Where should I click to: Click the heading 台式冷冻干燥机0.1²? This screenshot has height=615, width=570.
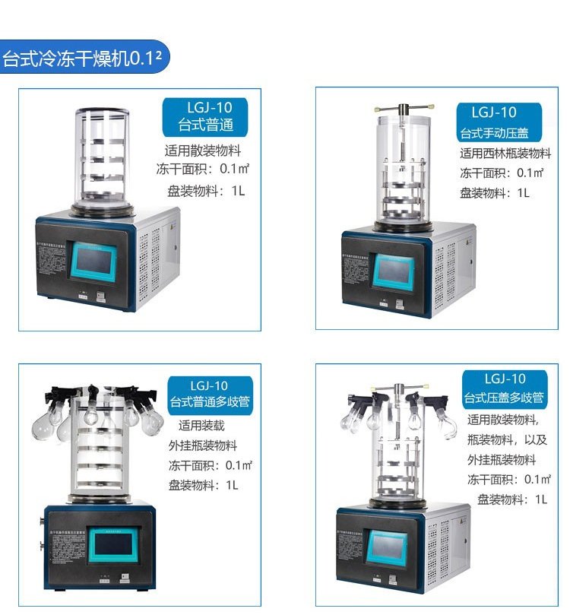pos(84,59)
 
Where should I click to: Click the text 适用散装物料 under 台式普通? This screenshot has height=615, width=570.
pos(205,150)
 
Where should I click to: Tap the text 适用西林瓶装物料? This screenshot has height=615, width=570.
pos(505,154)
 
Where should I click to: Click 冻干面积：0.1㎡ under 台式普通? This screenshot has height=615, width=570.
pos(204,169)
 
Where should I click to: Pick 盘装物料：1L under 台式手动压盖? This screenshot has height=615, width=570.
pos(494,192)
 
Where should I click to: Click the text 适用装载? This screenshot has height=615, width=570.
pos(201,426)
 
